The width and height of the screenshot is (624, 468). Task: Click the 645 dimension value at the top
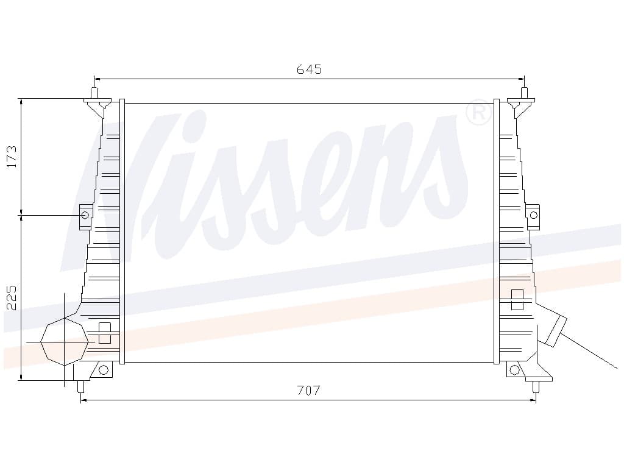309,69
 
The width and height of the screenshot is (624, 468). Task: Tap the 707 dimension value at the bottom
308,391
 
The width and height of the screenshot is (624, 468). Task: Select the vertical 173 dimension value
12,157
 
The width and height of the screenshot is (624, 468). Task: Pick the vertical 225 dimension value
12,297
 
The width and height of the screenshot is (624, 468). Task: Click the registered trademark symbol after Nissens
479,113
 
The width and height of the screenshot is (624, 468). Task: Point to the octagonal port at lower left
63,341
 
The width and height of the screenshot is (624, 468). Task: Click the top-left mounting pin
94,94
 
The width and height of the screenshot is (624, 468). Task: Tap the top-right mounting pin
524,94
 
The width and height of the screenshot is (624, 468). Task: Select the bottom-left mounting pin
80,386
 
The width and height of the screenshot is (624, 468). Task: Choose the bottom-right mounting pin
536,386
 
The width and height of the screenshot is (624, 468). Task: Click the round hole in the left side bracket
85,215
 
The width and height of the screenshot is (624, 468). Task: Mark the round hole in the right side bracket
534,214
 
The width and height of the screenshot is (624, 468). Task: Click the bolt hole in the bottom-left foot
103,369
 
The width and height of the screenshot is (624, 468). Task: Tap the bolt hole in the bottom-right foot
514,369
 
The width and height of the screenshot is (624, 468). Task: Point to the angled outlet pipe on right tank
555,330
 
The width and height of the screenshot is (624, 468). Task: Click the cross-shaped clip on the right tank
517,299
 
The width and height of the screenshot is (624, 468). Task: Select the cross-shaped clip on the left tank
104,333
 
